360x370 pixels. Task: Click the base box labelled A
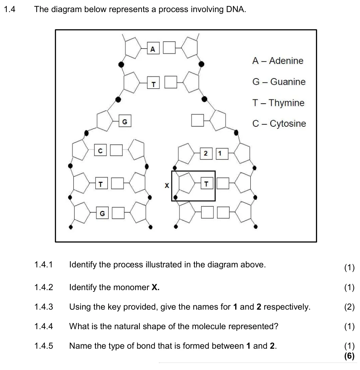point(153,48)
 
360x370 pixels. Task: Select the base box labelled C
point(100,150)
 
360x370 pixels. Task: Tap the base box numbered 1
point(222,154)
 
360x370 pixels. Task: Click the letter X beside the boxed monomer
point(167,186)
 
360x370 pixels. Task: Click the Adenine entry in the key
point(278,61)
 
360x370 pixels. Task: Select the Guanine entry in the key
point(279,82)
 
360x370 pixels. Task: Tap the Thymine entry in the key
point(278,103)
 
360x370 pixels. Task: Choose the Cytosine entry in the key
point(279,124)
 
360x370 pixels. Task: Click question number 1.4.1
point(44,265)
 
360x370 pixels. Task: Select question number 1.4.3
point(44,307)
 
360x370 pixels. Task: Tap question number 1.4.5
point(44,346)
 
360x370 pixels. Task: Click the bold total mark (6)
point(349,355)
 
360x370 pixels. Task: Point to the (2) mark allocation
point(349,307)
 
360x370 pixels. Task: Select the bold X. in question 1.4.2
point(155,287)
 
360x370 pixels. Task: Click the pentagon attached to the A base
point(133,48)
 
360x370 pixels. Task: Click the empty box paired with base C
point(116,150)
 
